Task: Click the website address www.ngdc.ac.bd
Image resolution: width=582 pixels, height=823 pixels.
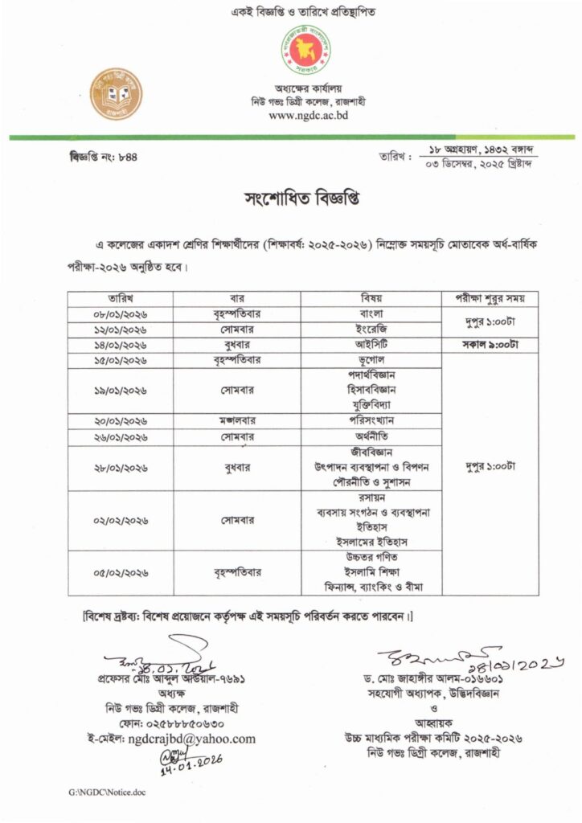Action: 308,115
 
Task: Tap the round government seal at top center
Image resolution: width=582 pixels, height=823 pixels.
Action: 309,51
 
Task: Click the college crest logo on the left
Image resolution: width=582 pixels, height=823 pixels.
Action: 115,94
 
